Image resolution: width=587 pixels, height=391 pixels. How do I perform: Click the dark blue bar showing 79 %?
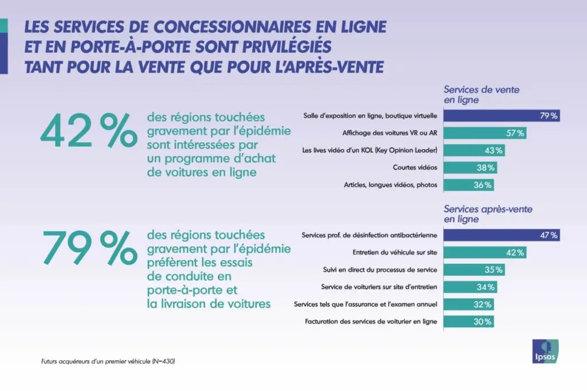[x=502, y=116]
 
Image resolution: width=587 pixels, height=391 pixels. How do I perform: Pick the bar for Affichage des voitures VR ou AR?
[x=485, y=133]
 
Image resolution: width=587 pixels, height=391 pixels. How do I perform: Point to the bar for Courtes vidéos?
[x=471, y=167]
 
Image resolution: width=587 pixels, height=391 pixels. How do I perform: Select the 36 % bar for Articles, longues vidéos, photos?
[x=469, y=185]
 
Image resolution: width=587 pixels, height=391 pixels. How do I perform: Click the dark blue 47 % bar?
[x=502, y=235]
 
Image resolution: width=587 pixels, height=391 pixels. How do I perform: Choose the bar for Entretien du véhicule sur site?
[x=485, y=252]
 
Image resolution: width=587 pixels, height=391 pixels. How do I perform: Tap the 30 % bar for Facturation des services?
[x=469, y=322]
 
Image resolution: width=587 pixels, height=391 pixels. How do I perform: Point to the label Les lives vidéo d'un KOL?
[x=370, y=150]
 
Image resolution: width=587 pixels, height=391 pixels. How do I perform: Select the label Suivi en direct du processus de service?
[x=381, y=269]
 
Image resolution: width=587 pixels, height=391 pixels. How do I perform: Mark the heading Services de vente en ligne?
[x=482, y=95]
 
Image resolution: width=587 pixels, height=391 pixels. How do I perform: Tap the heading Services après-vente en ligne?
[x=488, y=214]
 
